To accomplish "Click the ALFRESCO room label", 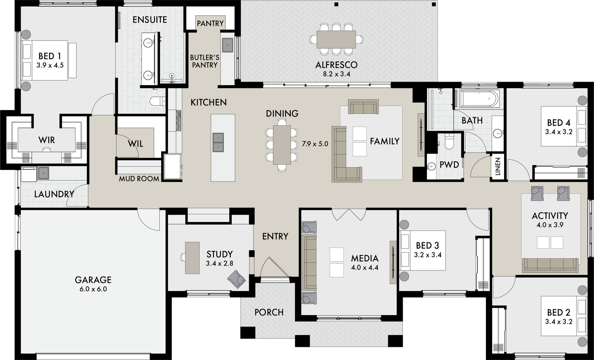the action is (x=336, y=65).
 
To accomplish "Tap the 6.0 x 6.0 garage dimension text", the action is (x=93, y=289).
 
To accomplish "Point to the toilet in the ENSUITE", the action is (x=158, y=101).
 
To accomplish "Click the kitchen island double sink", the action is (x=218, y=142).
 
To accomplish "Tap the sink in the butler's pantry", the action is (x=227, y=45).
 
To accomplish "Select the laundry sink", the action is (x=43, y=173).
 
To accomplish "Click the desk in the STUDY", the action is (x=192, y=257).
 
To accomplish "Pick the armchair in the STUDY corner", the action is (x=236, y=279).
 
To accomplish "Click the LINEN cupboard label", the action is (x=498, y=167).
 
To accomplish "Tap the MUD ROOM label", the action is (x=139, y=179).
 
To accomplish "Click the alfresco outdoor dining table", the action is (x=336, y=39).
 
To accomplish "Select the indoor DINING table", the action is (x=282, y=145).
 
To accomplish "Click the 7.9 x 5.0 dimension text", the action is (x=315, y=144).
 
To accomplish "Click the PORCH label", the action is (x=269, y=312).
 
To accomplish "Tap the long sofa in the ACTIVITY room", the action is (x=550, y=265).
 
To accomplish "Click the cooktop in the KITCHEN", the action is (x=178, y=120).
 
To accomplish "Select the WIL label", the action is (x=135, y=144).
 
